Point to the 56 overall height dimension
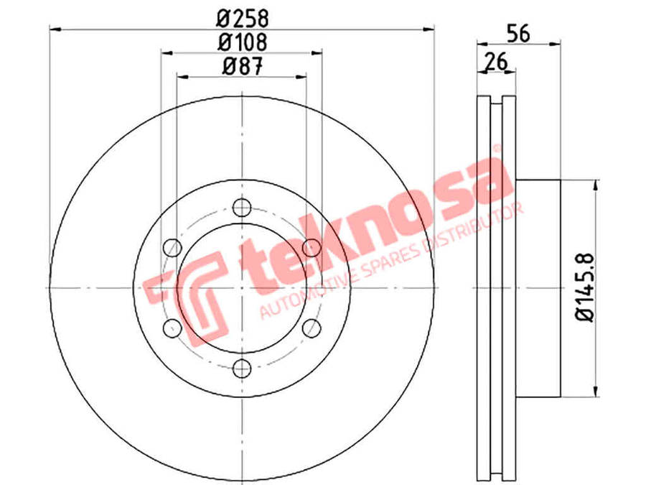pyautogui.click(x=518, y=32)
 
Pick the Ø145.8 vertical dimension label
pyautogui.click(x=584, y=288)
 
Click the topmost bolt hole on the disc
pyautogui.click(x=242, y=207)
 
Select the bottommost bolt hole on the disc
pyautogui.click(x=242, y=368)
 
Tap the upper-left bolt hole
pyautogui.click(x=172, y=247)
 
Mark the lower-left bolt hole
pyautogui.click(x=172, y=328)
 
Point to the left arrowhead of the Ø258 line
pyautogui.click(x=55, y=29)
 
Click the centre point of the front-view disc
pyautogui.click(x=242, y=287)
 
